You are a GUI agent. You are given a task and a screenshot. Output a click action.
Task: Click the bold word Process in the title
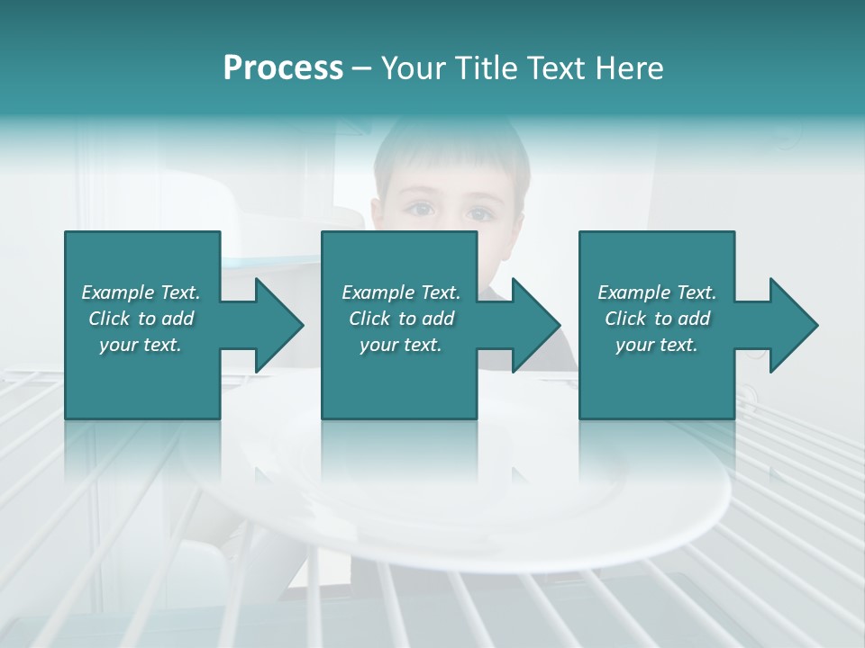pos(283,68)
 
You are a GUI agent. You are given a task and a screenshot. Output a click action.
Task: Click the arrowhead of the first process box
pos(280,325)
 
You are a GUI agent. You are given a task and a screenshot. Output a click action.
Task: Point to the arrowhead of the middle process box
pos(537,325)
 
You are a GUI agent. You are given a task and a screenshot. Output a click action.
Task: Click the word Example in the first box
pos(118,292)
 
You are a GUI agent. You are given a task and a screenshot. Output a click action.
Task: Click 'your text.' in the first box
pos(141,345)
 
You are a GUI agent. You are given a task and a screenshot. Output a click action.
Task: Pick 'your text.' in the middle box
pos(400,345)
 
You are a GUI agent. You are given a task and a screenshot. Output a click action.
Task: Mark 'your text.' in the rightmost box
pos(657,345)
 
